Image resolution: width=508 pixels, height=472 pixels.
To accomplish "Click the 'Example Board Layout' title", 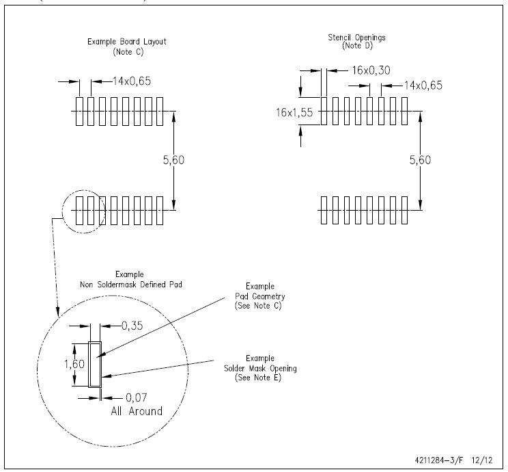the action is (x=127, y=42).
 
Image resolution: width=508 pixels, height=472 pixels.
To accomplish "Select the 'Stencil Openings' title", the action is (x=356, y=38).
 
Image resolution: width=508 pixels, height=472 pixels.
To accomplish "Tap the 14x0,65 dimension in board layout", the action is (x=132, y=81).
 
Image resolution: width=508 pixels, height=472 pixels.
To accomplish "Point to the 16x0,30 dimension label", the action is (x=371, y=70).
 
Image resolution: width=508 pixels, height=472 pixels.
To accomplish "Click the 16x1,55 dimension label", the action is (x=294, y=113).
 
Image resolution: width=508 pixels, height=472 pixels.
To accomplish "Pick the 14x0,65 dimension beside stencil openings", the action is (x=423, y=86).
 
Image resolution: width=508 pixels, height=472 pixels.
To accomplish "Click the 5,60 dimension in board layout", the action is (x=173, y=160).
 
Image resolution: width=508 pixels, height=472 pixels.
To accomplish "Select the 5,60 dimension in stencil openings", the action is (x=420, y=160).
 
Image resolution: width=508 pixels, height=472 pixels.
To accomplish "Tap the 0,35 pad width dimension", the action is (x=132, y=326).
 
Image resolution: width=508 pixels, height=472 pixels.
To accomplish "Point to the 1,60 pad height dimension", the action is (x=74, y=364).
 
